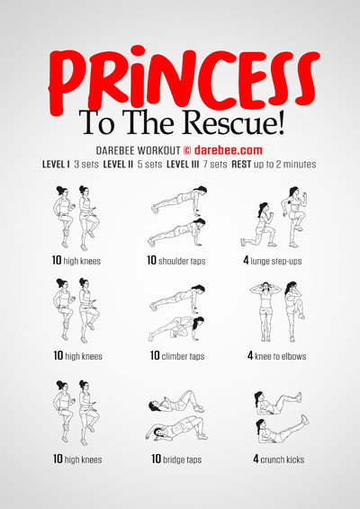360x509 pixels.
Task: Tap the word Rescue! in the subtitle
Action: [x=234, y=123]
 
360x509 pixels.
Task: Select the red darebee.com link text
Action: [x=228, y=150]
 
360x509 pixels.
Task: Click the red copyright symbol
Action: [x=187, y=150]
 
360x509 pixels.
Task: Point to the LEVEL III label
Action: [x=183, y=165]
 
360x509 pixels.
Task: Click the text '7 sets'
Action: [x=215, y=165]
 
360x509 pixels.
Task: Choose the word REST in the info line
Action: [x=241, y=165]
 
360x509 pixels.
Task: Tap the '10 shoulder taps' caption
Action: [x=176, y=260]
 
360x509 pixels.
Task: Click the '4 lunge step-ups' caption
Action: [x=273, y=261]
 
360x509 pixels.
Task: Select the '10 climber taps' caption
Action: [x=177, y=356]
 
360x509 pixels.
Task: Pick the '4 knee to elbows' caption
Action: [x=276, y=356]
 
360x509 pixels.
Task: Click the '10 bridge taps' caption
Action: [x=176, y=459]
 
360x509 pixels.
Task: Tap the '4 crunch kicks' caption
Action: [x=279, y=459]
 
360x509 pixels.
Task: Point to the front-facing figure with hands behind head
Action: [x=265, y=312]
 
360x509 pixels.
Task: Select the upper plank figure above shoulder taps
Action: [x=179, y=199]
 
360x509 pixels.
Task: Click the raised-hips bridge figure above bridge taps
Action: [x=177, y=428]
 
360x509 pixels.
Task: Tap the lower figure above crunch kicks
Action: [x=282, y=429]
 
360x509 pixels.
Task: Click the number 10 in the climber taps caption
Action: [x=155, y=355]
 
